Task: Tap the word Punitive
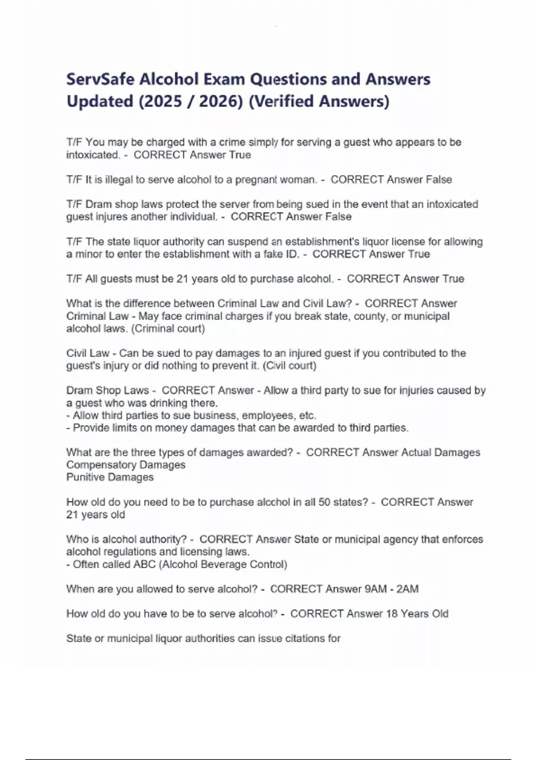(85, 477)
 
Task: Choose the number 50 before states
(324, 502)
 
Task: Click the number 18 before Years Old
(392, 614)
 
